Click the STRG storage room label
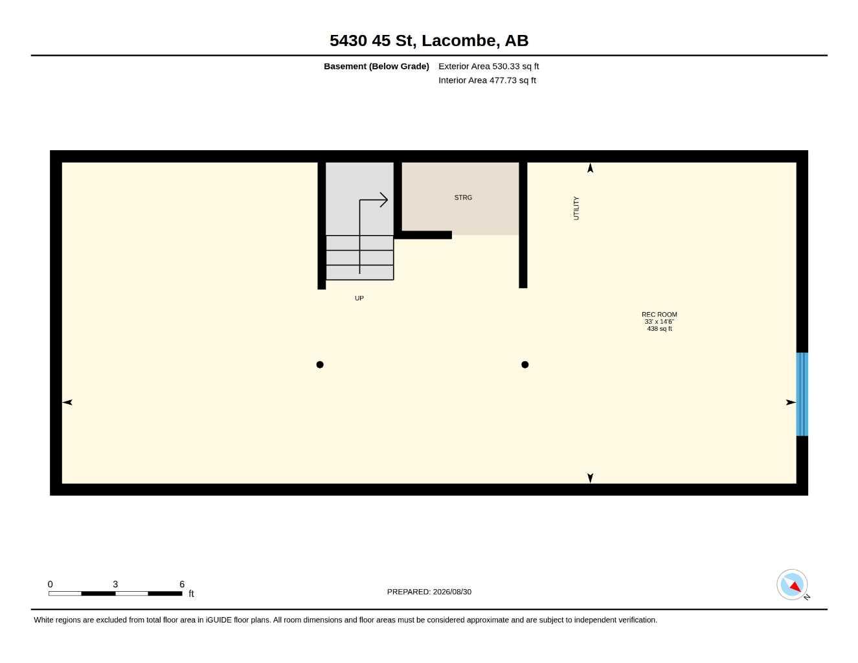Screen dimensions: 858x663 tap(463, 197)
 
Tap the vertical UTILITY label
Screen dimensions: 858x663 tap(576, 208)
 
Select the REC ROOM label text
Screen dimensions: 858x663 tap(659, 314)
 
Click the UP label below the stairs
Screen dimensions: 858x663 tap(359, 298)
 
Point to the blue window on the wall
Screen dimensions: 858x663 tap(802, 394)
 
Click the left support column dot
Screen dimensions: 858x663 tap(320, 365)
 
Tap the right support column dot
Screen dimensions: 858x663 tap(525, 365)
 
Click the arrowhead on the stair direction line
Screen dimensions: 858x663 tap(383, 199)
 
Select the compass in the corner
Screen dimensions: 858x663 tap(792, 585)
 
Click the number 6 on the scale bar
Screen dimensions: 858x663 tap(182, 583)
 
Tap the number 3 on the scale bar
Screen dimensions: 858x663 tap(115, 583)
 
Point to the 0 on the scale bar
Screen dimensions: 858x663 tap(50, 583)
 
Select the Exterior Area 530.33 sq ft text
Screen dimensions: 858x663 tap(488, 66)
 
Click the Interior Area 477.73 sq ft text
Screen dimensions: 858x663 tap(487, 80)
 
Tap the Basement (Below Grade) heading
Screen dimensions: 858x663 tap(376, 66)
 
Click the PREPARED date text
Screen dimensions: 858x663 tap(429, 592)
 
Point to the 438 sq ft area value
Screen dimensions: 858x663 tap(659, 328)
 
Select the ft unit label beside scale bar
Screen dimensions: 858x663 tap(191, 594)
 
